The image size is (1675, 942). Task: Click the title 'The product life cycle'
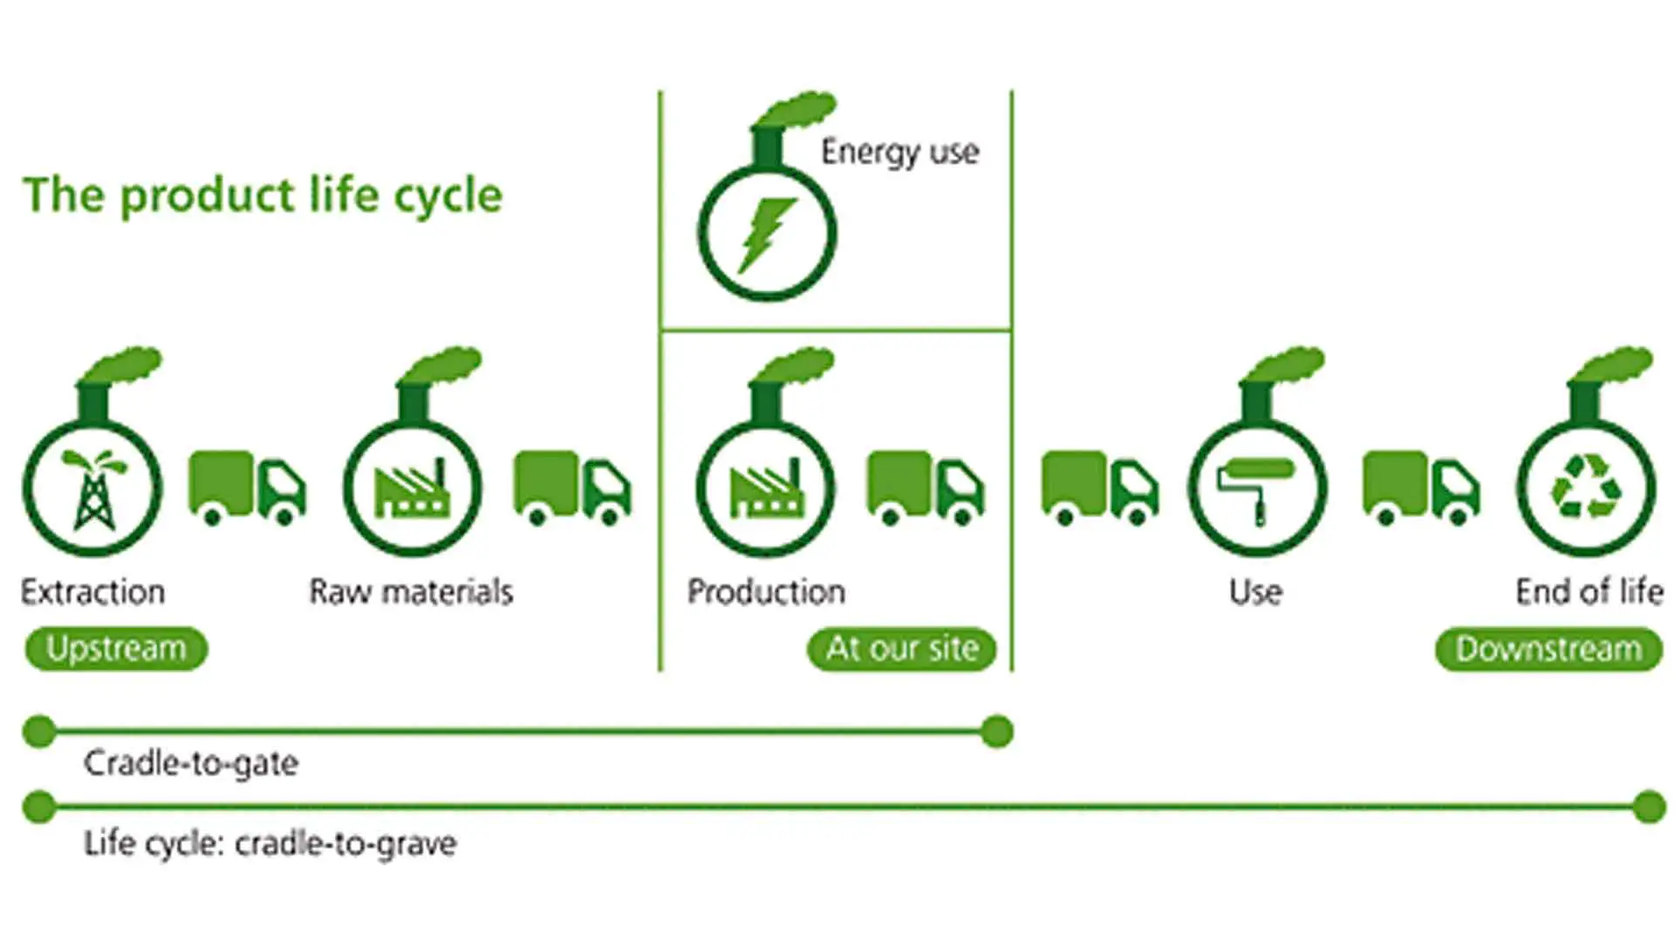263,195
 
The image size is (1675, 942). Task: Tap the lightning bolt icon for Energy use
766,235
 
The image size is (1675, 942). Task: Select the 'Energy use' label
899,153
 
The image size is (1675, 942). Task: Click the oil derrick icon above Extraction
92,488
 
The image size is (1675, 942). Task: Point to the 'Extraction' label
92,591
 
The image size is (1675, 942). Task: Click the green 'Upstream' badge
116,649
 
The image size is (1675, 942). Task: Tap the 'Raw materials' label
411,591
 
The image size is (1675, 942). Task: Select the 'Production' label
766,591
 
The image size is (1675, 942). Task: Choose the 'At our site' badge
902,649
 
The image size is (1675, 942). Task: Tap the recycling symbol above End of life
1586,488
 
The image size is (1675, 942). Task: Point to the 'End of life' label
1589,591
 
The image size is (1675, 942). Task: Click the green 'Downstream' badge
1549,649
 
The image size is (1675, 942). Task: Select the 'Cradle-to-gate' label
191,763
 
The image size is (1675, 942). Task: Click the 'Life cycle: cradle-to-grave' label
270,843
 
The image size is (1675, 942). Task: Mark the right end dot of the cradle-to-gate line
996,731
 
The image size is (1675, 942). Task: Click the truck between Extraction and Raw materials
248,488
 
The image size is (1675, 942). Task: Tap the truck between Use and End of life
1421,488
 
